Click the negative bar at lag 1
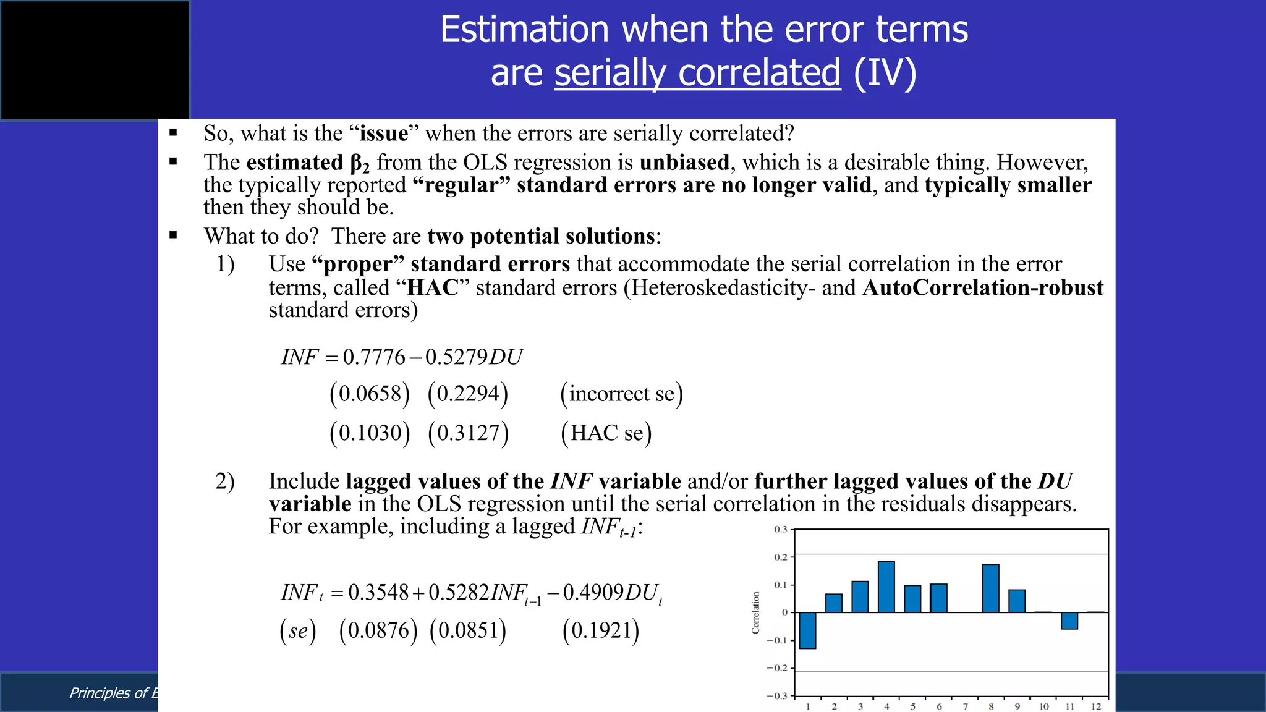point(807,630)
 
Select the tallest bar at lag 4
point(886,587)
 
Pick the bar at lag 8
point(990,588)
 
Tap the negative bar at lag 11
point(1069,621)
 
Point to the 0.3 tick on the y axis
point(781,530)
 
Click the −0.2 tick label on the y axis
point(777,668)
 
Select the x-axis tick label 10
point(1043,706)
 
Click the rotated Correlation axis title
point(755,612)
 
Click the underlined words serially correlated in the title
point(697,73)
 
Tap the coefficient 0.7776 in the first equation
point(374,357)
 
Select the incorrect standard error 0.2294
point(468,394)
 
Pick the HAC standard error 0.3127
point(468,433)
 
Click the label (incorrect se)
point(621,394)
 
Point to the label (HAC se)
point(606,433)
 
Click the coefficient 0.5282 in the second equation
point(459,592)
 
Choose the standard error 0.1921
point(601,630)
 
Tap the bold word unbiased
point(684,163)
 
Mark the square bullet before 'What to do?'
point(173,235)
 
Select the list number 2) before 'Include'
point(225,481)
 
